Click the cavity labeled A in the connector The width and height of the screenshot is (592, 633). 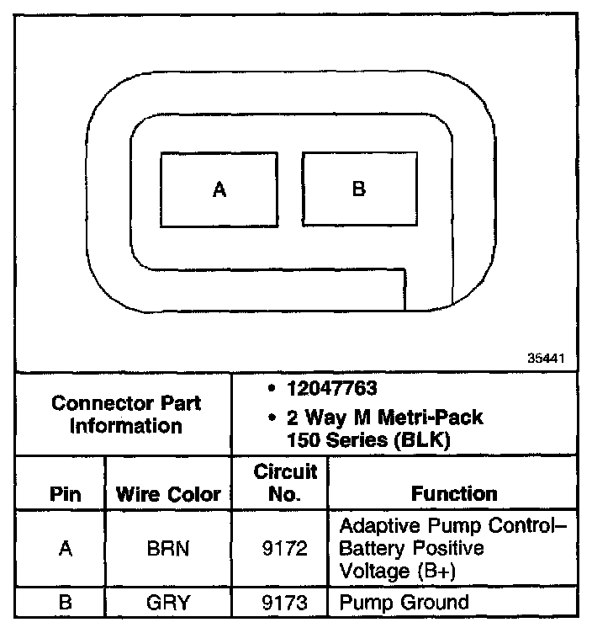(219, 189)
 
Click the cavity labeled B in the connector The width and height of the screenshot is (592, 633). (359, 189)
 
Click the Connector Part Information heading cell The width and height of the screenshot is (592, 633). (126, 414)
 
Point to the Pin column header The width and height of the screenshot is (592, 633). (66, 494)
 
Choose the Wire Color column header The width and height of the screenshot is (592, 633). (168, 494)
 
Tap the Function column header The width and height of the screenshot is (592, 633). (453, 494)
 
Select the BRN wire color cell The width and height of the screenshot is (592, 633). (168, 549)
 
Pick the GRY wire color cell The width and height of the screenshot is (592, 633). (168, 603)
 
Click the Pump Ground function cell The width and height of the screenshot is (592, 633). (404, 603)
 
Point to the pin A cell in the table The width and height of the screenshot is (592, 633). (66, 549)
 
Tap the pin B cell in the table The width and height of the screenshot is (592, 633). (66, 603)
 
